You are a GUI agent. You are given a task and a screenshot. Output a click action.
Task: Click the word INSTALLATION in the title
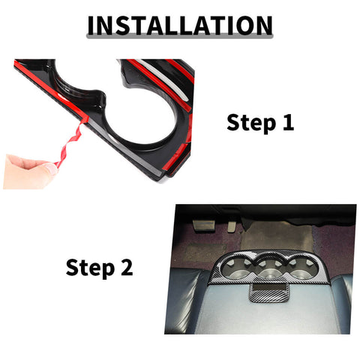click(x=180, y=25)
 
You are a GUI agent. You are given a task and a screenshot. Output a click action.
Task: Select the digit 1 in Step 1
click(x=289, y=121)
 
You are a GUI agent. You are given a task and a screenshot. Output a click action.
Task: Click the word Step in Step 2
click(x=91, y=268)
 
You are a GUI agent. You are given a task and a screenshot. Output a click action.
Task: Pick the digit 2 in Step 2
click(x=127, y=267)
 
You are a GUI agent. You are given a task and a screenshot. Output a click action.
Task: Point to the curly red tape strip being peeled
click(x=70, y=142)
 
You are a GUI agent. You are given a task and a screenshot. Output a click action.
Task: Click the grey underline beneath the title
click(x=180, y=37)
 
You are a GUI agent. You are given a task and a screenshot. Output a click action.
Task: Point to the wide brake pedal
click(x=203, y=226)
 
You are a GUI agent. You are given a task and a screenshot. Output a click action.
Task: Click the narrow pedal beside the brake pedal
click(x=232, y=226)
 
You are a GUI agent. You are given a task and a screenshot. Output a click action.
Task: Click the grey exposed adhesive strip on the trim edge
click(x=125, y=148)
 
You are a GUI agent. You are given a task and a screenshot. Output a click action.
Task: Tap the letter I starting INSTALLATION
click(x=91, y=25)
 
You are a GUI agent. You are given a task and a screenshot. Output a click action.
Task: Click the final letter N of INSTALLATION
click(x=264, y=25)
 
